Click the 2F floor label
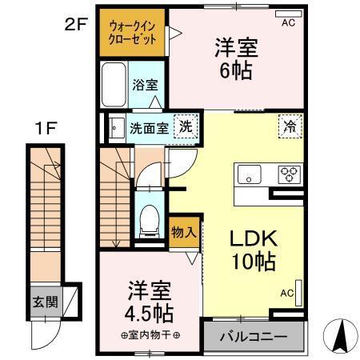click(76, 25)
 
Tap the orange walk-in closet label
click(133, 33)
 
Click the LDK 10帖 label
click(254, 248)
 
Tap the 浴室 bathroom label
click(144, 84)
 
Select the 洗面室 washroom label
click(150, 126)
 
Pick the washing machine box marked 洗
click(185, 126)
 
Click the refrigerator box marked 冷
click(289, 126)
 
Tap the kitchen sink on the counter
click(247, 173)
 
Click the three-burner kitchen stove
click(288, 173)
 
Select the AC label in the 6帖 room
click(287, 23)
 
